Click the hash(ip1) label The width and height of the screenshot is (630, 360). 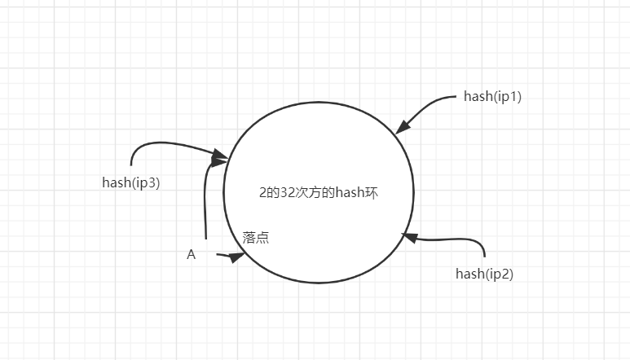492,96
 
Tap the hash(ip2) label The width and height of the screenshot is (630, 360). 484,274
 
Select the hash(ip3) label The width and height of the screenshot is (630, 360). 130,182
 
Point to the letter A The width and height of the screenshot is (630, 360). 192,255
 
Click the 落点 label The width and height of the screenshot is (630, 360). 256,238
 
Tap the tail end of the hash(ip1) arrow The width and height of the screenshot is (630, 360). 456,97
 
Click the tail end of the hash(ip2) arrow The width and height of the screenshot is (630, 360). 485,257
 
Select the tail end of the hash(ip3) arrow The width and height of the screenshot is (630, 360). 132,165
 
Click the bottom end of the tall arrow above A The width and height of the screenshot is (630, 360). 206,238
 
